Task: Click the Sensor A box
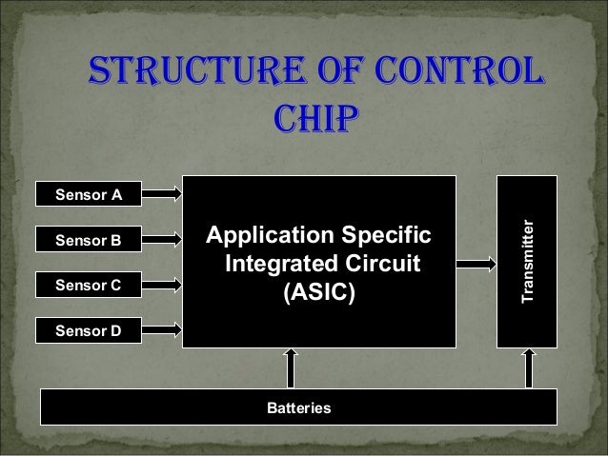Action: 89,194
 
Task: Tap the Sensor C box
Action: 89,285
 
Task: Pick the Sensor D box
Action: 89,330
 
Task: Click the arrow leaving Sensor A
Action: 161,194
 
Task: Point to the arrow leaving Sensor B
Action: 161,240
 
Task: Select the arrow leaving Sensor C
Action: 161,285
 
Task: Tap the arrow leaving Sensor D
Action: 161,330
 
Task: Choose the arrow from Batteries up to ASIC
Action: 291,368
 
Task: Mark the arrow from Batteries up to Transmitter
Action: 527,368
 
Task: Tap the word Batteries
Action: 298,407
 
